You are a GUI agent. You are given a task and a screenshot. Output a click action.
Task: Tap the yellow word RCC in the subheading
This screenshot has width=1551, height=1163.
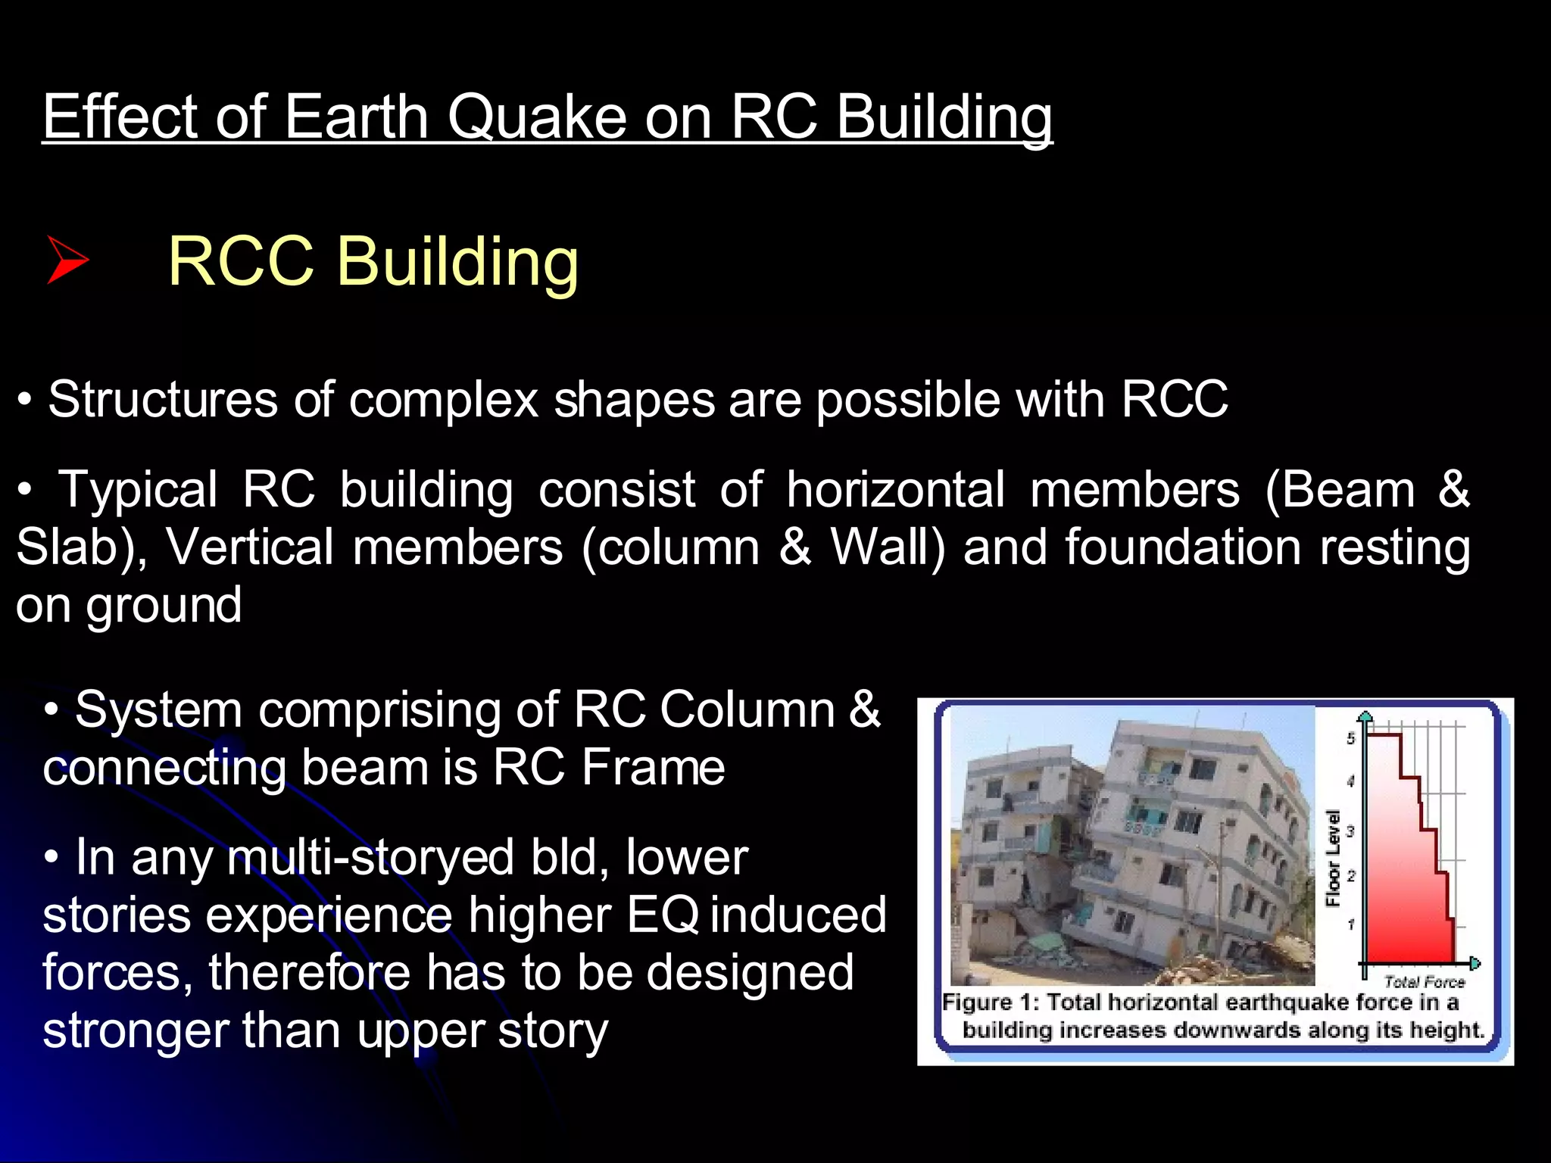click(241, 261)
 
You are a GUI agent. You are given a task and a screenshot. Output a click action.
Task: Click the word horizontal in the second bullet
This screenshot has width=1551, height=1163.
click(896, 489)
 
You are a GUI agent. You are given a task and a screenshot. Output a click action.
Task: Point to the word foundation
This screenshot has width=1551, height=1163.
click(1182, 547)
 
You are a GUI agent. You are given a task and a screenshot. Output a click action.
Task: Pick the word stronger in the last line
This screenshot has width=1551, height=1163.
click(135, 1030)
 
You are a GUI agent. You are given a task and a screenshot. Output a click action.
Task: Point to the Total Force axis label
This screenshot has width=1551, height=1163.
click(1424, 982)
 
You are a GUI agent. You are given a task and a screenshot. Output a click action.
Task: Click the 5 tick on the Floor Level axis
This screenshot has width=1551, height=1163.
click(1350, 738)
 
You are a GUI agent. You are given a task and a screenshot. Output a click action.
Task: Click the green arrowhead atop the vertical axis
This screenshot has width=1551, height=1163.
click(1365, 716)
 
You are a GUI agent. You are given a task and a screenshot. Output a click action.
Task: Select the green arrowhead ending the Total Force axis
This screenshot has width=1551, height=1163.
click(1475, 964)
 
